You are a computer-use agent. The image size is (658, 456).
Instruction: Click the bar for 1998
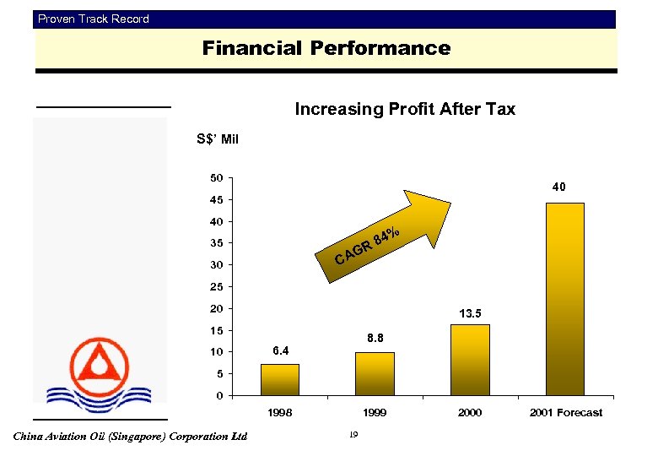(x=279, y=379)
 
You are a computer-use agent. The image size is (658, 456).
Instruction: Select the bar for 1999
(x=374, y=373)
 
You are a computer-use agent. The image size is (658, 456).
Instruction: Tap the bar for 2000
(x=470, y=360)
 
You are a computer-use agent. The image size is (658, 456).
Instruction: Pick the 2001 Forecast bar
(x=564, y=299)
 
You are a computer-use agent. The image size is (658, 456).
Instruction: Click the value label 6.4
(x=281, y=350)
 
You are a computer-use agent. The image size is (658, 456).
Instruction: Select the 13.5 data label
(x=470, y=313)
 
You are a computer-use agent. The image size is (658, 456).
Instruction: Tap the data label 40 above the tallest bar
(x=559, y=187)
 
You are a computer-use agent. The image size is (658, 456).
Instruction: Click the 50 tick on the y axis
(x=217, y=178)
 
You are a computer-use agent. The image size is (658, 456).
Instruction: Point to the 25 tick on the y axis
(x=217, y=287)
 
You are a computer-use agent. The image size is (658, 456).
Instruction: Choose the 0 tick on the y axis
(x=219, y=395)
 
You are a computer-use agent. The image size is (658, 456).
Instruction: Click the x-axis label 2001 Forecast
(x=566, y=412)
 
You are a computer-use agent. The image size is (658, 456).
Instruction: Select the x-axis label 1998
(x=280, y=412)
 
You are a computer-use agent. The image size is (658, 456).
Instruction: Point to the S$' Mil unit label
(x=218, y=138)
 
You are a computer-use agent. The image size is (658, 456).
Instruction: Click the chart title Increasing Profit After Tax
(x=404, y=109)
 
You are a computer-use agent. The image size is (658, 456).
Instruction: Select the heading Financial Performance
(x=326, y=48)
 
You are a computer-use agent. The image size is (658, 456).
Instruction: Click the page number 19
(x=353, y=435)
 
